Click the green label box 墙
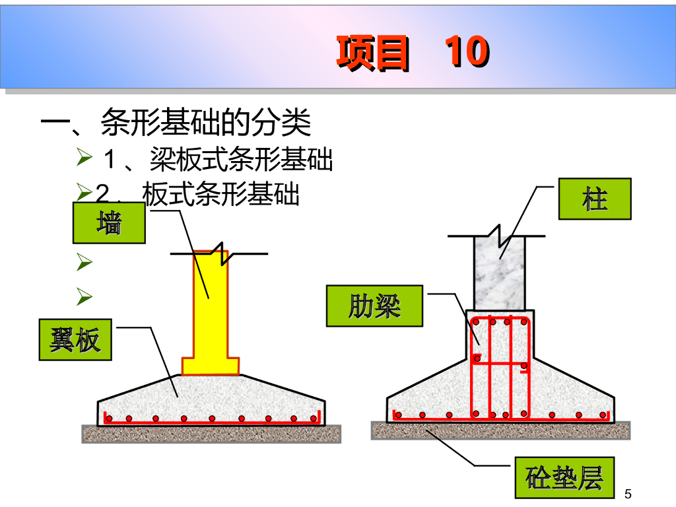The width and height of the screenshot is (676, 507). point(109,223)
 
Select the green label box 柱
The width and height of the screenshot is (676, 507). point(595,199)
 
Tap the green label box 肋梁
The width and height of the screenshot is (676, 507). point(374,306)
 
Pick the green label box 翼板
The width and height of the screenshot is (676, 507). point(75,340)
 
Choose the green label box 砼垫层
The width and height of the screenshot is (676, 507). point(564,477)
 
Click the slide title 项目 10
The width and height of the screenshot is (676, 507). point(412,51)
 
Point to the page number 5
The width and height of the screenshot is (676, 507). point(628,494)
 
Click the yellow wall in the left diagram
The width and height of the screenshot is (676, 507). point(210,304)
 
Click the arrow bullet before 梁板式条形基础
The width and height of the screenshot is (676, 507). point(84,158)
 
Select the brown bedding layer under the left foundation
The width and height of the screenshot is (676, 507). point(211,434)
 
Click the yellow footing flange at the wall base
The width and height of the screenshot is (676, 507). point(210,365)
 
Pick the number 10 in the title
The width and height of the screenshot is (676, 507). point(466,51)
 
